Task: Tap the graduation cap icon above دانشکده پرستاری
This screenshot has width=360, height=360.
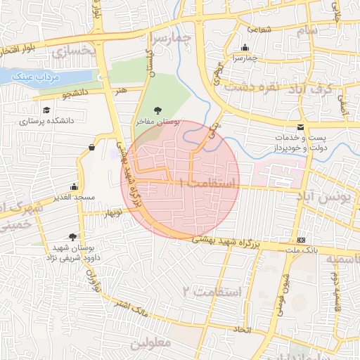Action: point(46,110)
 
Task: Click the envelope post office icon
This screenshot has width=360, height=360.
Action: point(301,127)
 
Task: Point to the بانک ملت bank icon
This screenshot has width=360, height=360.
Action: point(302,240)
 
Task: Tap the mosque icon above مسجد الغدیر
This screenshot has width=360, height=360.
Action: point(74,188)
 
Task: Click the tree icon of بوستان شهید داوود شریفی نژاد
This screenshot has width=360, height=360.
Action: point(72,237)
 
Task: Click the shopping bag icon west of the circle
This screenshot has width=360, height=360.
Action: point(92,148)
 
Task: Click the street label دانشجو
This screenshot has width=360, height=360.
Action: point(76,93)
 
